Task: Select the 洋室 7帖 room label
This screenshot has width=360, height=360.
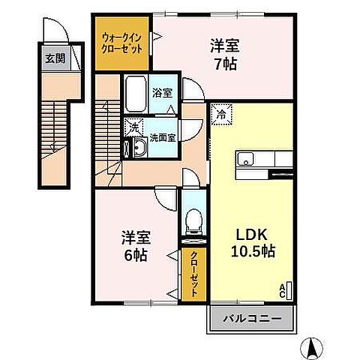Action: pyautogui.click(x=223, y=54)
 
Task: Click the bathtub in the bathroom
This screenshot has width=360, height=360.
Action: pyautogui.click(x=134, y=93)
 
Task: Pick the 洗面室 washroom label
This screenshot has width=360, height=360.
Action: pyautogui.click(x=162, y=138)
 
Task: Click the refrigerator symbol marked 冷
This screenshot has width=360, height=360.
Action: pyautogui.click(x=221, y=115)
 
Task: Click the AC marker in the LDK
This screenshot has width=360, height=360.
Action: pyautogui.click(x=283, y=289)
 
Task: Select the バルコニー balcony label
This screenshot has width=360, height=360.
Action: pyautogui.click(x=250, y=319)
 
